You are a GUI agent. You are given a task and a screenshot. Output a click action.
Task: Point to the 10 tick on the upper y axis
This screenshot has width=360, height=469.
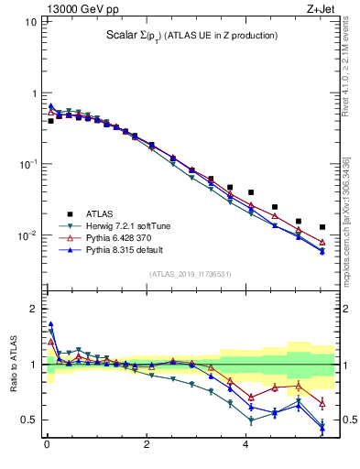point(28,21)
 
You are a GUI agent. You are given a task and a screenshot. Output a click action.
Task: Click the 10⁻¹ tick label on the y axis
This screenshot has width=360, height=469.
point(25,165)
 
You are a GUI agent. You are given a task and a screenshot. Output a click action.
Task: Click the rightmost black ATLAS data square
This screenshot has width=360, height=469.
point(322,227)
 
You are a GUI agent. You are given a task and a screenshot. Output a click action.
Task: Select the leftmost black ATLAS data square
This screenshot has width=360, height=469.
point(50,121)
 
